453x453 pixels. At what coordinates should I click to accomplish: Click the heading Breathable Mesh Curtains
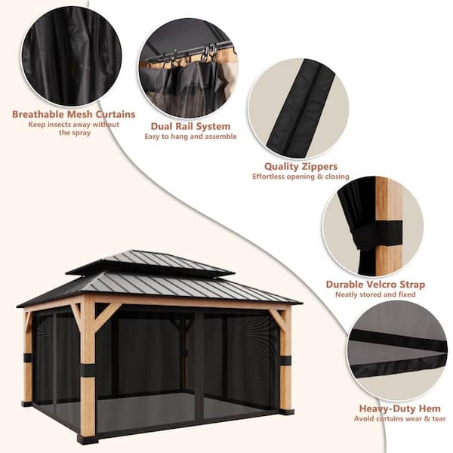click(x=73, y=115)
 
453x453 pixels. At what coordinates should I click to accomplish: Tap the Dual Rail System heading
click(x=191, y=127)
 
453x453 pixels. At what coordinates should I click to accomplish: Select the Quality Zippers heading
click(x=300, y=166)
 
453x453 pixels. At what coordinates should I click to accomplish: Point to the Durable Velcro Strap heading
click(x=375, y=285)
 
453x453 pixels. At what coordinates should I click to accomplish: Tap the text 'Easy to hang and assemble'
click(x=191, y=137)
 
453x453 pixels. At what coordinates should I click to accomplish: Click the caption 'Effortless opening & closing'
click(x=300, y=176)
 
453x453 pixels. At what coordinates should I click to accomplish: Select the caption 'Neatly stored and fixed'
click(x=376, y=294)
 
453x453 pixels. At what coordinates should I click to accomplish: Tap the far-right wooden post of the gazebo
click(x=285, y=355)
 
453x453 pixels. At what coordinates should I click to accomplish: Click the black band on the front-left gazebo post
click(x=88, y=370)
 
